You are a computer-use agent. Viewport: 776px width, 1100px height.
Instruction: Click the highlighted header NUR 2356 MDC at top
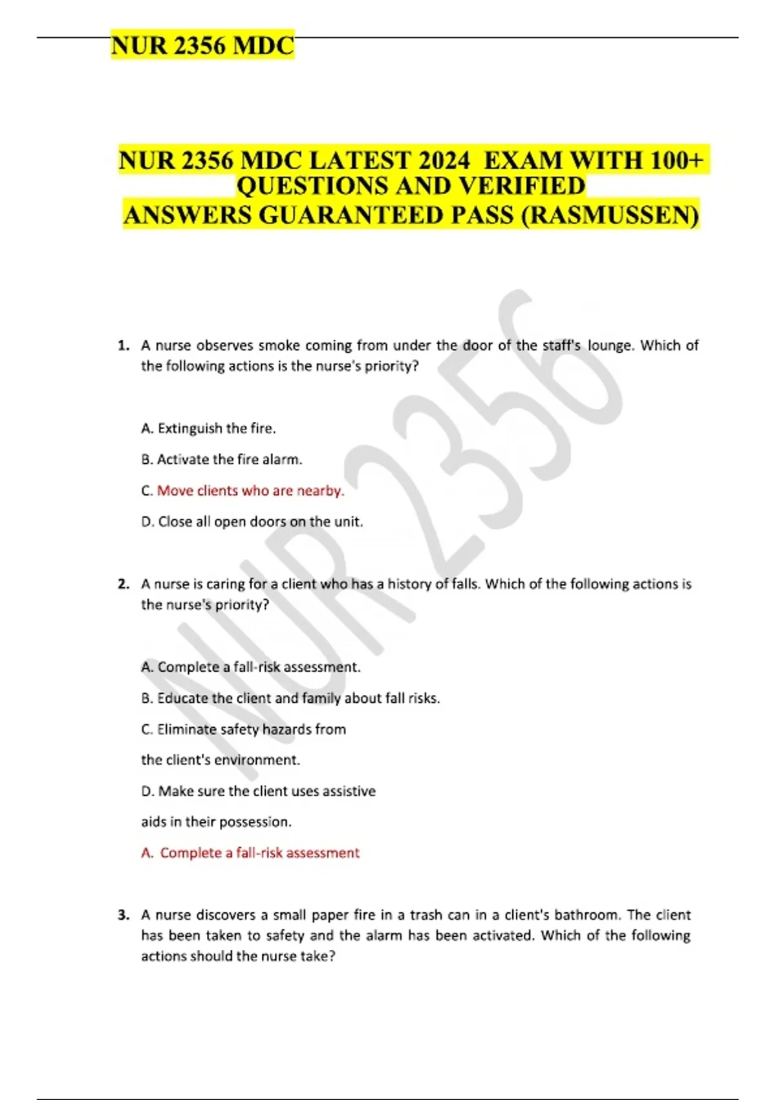click(202, 45)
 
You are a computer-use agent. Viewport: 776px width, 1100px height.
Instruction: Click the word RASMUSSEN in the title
click(609, 215)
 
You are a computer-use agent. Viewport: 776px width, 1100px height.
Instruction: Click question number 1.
click(124, 346)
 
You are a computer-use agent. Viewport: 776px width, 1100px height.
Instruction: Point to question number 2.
click(124, 584)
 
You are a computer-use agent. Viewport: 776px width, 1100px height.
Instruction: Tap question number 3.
click(124, 915)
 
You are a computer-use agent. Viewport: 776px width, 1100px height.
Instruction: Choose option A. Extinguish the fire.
click(208, 428)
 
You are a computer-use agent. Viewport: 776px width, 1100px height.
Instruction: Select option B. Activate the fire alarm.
click(221, 459)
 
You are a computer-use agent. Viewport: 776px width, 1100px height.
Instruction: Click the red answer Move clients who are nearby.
click(250, 490)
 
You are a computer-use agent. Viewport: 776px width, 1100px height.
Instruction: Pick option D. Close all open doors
click(252, 522)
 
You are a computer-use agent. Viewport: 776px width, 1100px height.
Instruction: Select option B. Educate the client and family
click(290, 698)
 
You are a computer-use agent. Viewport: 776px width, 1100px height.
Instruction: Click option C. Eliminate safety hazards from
click(243, 729)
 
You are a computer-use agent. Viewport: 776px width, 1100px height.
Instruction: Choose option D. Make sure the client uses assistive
click(258, 791)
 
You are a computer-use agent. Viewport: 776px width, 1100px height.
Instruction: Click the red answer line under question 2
click(250, 853)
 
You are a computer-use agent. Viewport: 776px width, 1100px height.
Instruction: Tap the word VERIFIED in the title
click(521, 186)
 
